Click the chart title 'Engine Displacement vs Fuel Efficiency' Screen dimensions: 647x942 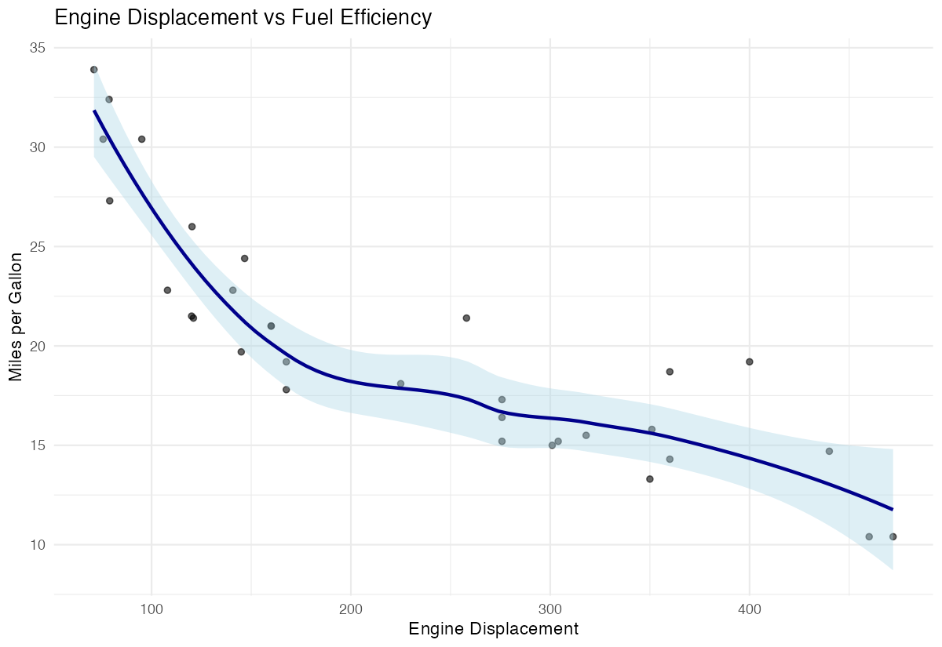coord(243,17)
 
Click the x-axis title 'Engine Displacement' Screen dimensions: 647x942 coord(494,629)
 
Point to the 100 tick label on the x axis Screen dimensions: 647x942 coord(152,609)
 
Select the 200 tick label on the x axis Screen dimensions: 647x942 coord(351,609)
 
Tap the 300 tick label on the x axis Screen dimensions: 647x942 coord(550,609)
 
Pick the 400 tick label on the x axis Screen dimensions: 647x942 coord(750,609)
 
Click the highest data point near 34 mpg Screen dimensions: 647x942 coord(93,70)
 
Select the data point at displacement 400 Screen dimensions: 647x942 coord(750,362)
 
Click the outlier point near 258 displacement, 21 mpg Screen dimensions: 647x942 coord(466,318)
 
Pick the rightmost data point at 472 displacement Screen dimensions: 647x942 coord(893,536)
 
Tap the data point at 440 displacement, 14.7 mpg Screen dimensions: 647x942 coord(829,451)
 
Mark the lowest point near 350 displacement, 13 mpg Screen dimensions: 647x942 coord(650,479)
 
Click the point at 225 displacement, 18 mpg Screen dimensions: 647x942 coord(400,383)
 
